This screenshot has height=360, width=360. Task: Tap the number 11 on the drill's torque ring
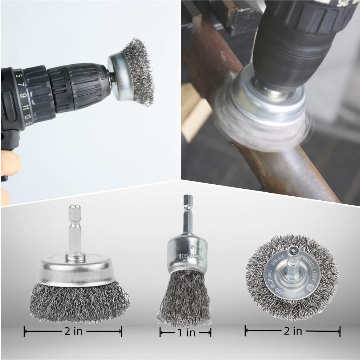[26, 108]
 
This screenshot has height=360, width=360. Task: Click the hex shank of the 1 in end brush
[188, 214]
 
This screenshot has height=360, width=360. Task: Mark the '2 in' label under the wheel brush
[292, 331]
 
